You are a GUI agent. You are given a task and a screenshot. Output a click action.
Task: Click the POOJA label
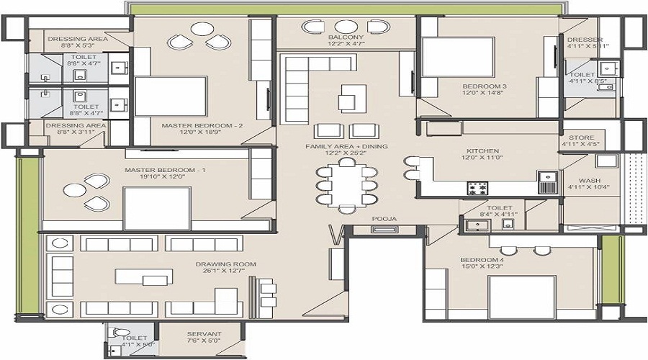[381, 218]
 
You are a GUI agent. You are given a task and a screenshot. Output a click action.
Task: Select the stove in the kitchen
[477, 188]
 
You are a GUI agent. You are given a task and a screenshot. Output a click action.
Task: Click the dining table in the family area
[347, 184]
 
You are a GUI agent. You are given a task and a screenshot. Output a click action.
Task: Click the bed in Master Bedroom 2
[171, 96]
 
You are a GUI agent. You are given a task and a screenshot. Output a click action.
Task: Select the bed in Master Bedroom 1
[157, 208]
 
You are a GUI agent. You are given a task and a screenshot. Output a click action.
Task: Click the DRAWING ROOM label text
[225, 264]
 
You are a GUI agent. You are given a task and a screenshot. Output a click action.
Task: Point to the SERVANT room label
[204, 334]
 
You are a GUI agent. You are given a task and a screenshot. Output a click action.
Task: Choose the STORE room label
[581, 137]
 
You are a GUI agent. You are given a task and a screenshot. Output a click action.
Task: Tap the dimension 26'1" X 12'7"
[225, 271]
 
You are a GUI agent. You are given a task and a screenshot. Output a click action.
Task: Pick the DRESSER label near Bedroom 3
[584, 40]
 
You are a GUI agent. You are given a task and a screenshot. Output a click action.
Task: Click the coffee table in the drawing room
[145, 276]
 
